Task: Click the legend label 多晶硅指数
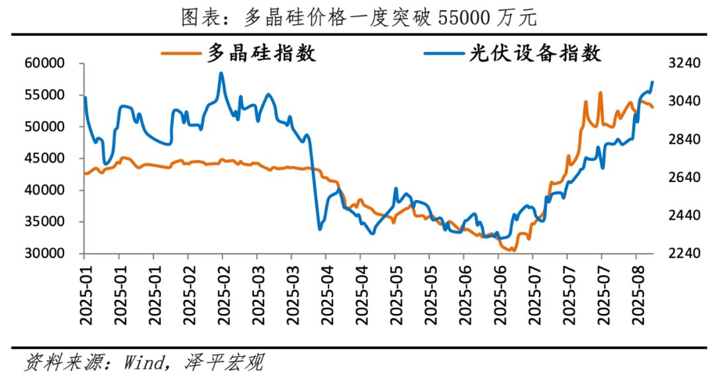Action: coord(262,53)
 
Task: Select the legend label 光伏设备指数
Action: coord(536,53)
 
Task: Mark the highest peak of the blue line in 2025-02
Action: coord(221,73)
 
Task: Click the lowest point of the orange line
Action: coord(513,251)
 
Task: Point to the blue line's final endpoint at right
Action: coord(653,82)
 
